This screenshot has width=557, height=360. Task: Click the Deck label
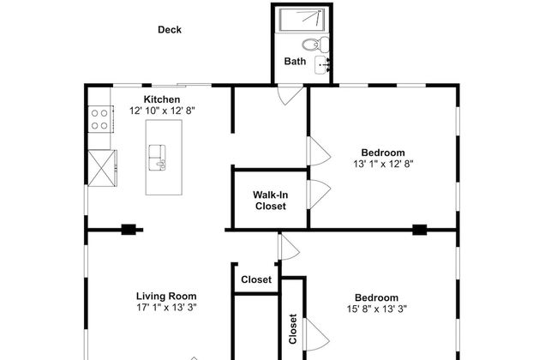coord(170,29)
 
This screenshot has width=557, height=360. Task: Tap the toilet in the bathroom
coord(315,45)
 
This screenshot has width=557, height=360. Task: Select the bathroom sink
coord(322,64)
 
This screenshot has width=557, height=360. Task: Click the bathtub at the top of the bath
coord(302,19)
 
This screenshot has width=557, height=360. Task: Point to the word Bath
coord(295,61)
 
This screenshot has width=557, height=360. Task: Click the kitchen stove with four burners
coord(100,119)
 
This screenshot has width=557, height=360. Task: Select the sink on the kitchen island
coord(158,158)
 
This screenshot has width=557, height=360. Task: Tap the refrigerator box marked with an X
coord(102,168)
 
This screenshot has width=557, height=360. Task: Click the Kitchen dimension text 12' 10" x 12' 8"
coord(162,111)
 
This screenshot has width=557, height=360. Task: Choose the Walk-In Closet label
coord(270,201)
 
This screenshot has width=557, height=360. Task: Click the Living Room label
coord(166,296)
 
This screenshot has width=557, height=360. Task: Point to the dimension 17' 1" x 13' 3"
coord(166,308)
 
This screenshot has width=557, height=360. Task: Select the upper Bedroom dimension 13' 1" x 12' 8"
coord(383,164)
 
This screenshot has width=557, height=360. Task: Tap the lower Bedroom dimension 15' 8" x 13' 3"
coord(376,309)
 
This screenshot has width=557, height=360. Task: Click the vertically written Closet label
coord(293,329)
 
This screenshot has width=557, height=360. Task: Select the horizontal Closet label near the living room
coord(256,279)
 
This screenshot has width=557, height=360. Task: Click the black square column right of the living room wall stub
coord(129,230)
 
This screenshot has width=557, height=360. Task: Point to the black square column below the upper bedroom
coord(420,230)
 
